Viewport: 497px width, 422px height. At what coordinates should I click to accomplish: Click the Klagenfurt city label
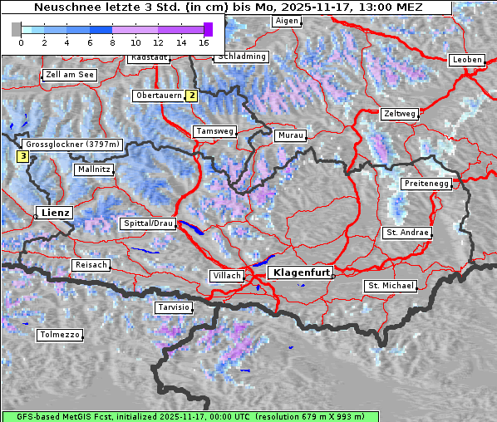[x=303, y=272]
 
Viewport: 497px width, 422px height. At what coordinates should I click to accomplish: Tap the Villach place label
[x=226, y=275]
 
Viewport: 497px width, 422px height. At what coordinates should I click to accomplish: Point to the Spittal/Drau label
[x=149, y=223]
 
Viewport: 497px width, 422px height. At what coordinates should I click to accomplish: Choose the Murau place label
[x=291, y=135]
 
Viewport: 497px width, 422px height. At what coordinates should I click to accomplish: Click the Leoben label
[x=466, y=60]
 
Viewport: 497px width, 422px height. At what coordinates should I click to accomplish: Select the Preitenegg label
[x=426, y=184]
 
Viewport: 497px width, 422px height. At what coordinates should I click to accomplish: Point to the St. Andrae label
[x=406, y=233]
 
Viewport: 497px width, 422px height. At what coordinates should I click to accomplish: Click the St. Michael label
[x=391, y=286]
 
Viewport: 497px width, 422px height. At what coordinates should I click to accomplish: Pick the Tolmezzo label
[x=60, y=335]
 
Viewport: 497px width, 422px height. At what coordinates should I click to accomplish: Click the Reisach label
[x=91, y=265]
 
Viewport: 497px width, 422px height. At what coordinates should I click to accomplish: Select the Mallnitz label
[x=93, y=169]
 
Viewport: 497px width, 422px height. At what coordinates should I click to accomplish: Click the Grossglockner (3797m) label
[x=72, y=145]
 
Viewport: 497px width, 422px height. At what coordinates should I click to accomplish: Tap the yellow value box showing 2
[x=192, y=96]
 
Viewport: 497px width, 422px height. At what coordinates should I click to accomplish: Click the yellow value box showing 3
[x=23, y=155]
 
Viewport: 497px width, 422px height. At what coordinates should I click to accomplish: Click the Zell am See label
[x=70, y=75]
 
